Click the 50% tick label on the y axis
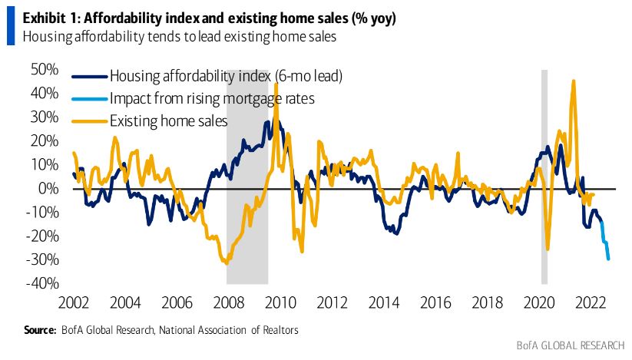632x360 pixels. coord(45,70)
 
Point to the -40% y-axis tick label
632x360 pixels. coord(43,283)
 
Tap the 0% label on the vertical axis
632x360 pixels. coord(49,188)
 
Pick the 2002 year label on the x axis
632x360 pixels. coord(75,301)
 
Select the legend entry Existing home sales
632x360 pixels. coord(168,121)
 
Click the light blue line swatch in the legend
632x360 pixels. coord(88,99)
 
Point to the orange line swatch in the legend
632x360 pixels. coord(88,121)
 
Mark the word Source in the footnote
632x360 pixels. coord(38,330)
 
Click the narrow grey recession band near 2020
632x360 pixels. coord(544,177)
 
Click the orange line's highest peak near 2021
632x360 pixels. coord(573,81)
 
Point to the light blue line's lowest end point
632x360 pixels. coord(608,259)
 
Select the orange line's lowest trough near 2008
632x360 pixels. coord(225,263)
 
